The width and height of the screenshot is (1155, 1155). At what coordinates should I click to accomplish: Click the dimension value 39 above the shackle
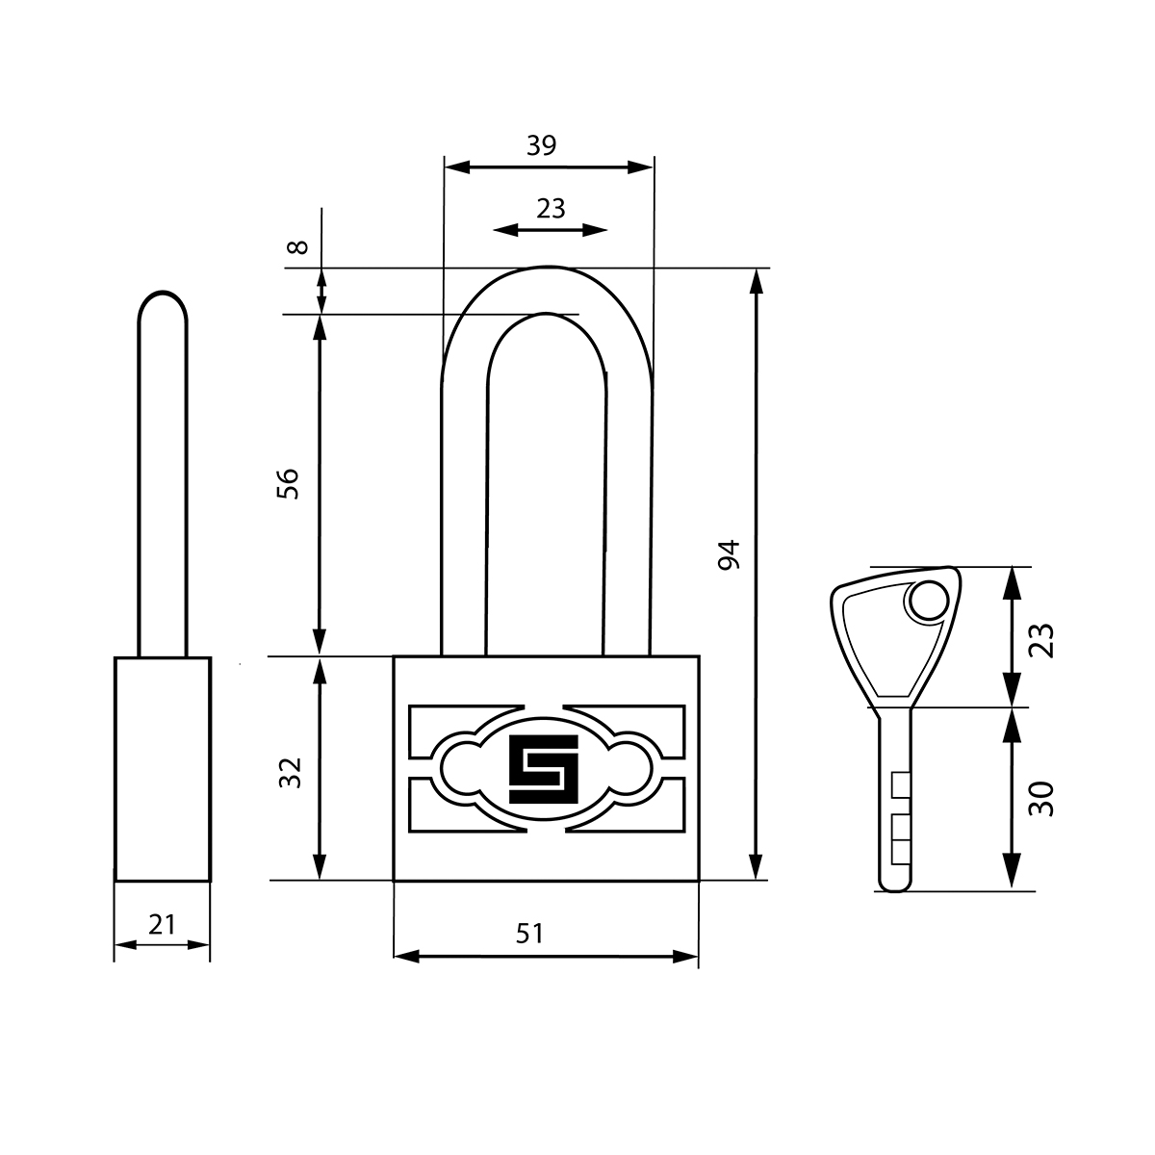541,145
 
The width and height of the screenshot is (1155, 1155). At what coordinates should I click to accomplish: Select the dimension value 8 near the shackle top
297,247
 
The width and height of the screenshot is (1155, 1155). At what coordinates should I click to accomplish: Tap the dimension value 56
287,484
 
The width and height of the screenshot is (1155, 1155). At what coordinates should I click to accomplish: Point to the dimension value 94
730,555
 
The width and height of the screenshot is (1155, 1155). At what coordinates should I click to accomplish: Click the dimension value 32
290,773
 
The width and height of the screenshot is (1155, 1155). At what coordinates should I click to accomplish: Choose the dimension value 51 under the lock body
529,934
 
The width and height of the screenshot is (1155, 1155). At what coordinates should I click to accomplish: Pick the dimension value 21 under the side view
162,925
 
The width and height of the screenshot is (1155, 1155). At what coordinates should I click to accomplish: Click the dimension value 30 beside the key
1041,798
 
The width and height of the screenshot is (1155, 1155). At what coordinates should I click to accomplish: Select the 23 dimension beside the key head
1041,641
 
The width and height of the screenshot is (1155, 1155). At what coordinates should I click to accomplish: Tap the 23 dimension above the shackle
551,209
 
